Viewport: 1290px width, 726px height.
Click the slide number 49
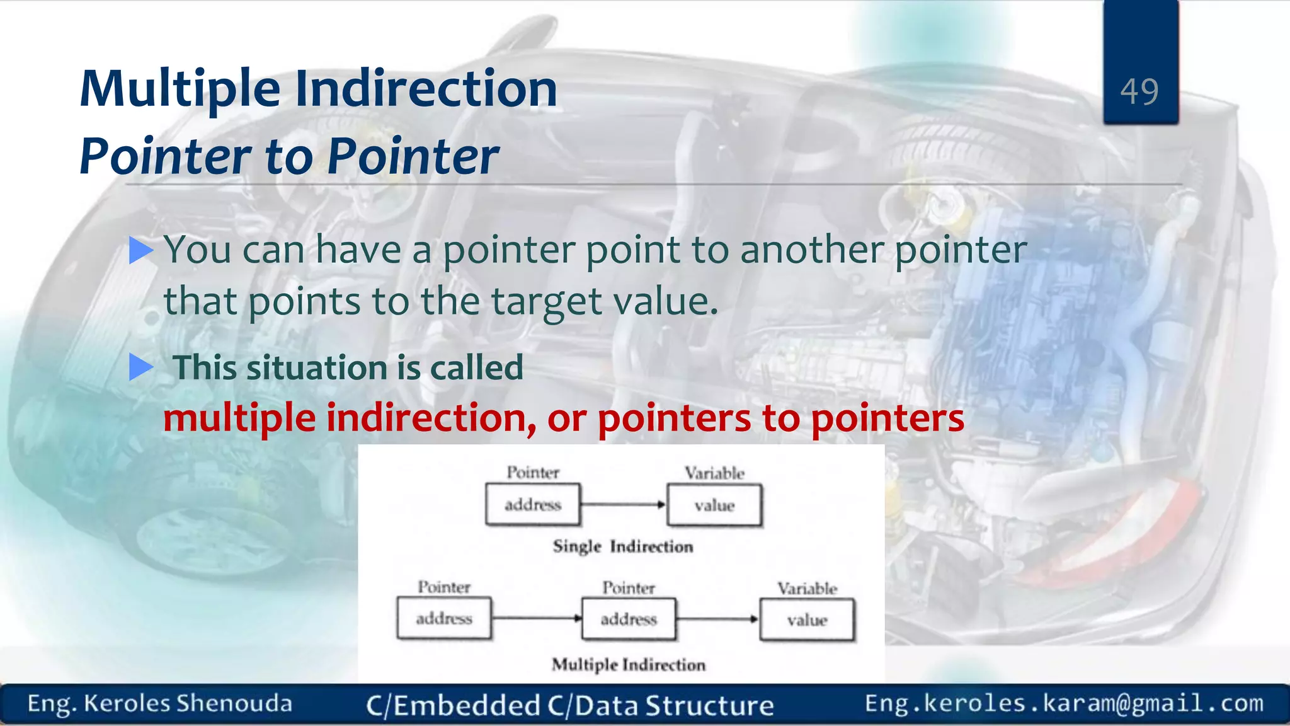(1139, 92)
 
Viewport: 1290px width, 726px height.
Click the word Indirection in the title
(426, 89)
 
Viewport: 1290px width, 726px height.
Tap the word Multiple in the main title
(180, 89)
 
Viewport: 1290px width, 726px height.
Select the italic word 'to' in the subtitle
(288, 156)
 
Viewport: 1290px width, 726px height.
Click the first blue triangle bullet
(141, 250)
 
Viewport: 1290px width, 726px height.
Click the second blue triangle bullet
(141, 367)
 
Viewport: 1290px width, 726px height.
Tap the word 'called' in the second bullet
(476, 368)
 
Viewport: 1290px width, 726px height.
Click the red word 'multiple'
(239, 418)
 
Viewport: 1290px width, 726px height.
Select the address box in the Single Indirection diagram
(533, 505)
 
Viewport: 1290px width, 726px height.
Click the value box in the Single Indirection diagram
(714, 505)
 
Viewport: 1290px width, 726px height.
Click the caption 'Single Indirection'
(622, 546)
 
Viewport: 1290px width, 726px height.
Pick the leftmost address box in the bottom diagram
(444, 619)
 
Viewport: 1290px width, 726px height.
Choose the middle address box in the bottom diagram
(629, 619)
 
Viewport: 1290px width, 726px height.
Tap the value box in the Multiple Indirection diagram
(807, 620)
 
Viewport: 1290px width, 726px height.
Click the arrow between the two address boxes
(536, 619)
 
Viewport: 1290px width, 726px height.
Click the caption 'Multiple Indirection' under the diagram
(628, 665)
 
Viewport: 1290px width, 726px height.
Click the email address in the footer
(1064, 703)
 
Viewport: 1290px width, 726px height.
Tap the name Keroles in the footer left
(127, 704)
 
